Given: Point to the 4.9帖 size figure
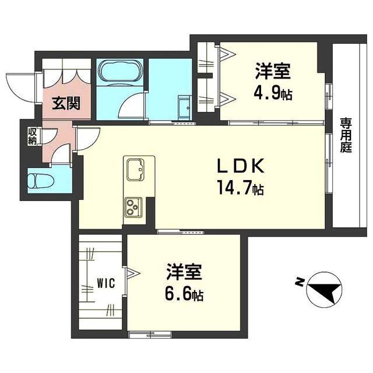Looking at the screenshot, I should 272,93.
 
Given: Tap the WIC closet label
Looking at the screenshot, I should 105,284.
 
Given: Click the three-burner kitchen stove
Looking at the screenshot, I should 134,207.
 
